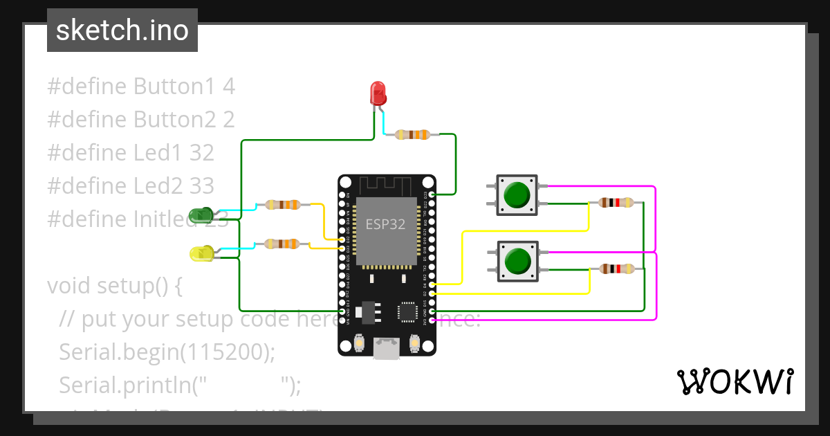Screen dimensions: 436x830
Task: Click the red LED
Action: pyautogui.click(x=378, y=93)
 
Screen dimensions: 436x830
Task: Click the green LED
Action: pyautogui.click(x=201, y=214)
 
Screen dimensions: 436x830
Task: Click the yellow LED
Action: pyautogui.click(x=201, y=253)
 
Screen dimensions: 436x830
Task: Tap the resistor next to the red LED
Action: pyautogui.click(x=412, y=135)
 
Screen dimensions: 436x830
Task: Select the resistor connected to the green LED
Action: pyautogui.click(x=282, y=204)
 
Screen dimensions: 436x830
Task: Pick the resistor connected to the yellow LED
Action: pyautogui.click(x=282, y=244)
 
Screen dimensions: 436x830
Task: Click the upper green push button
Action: pyautogui.click(x=517, y=194)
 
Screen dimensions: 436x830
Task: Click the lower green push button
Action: pyautogui.click(x=517, y=261)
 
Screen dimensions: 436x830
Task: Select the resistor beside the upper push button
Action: pyautogui.click(x=616, y=203)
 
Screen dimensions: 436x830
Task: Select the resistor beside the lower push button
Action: pyautogui.click(x=616, y=269)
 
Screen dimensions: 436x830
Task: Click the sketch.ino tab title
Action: pyautogui.click(x=122, y=30)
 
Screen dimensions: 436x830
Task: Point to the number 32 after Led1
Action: pyautogui.click(x=202, y=153)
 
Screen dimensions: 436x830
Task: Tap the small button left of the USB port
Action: pyautogui.click(x=359, y=343)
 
